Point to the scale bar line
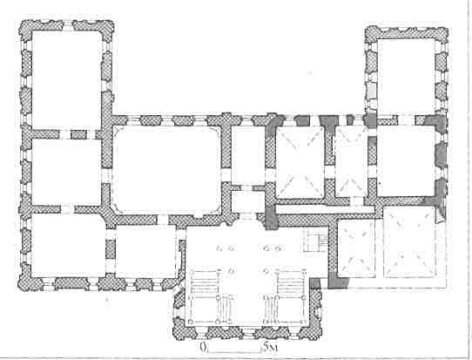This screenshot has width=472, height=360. click(234, 351)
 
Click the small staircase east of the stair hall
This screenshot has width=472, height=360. click(315, 241)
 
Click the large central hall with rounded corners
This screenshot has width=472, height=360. click(166, 170)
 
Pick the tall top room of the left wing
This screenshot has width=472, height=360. click(67, 79)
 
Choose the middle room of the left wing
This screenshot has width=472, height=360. click(66, 172)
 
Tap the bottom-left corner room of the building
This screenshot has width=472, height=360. click(69, 245)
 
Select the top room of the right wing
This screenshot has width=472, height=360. click(406, 76)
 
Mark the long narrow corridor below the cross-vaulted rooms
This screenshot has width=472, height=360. click(326, 209)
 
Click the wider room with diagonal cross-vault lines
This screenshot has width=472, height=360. click(300, 162)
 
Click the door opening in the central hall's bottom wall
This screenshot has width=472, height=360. click(163, 220)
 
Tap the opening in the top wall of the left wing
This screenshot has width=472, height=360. click(68, 25)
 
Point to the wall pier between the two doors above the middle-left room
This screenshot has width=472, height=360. click(78, 134)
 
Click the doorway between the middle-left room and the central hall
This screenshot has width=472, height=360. click(106, 175)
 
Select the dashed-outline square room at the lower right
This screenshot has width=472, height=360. click(410, 242)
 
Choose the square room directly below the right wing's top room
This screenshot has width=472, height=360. click(406, 161)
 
